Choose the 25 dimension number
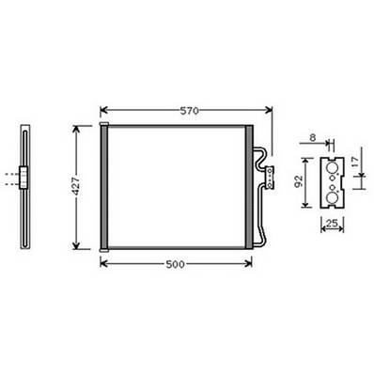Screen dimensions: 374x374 (x=331, y=223)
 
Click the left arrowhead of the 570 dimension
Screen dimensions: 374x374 (x=102, y=110)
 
